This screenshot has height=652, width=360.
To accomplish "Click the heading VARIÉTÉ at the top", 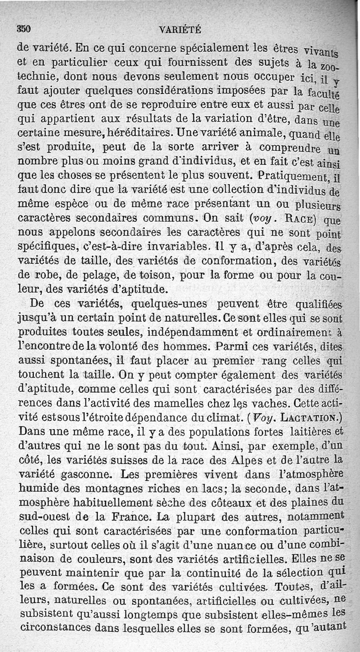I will [180, 30].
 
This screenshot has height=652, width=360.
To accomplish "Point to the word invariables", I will [172, 246].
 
